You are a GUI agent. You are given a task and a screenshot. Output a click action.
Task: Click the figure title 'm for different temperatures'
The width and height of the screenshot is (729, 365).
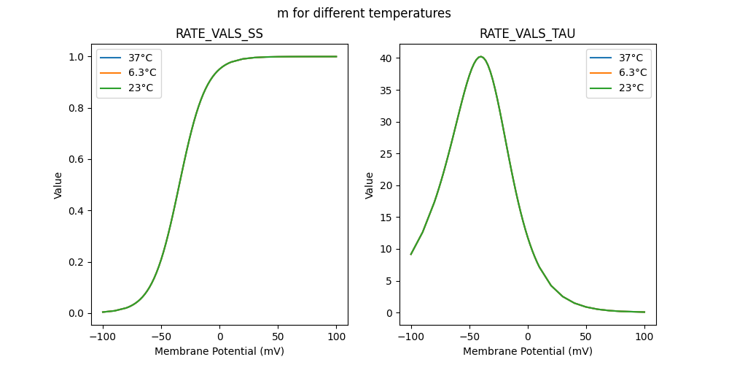click(x=364, y=13)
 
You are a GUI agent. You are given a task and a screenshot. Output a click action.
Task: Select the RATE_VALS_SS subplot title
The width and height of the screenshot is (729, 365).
click(x=219, y=34)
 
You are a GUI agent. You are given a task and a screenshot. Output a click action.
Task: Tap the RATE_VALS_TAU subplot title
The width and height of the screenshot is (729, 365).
click(x=527, y=34)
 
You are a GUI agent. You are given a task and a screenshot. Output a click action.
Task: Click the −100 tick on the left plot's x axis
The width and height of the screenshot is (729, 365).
click(x=103, y=337)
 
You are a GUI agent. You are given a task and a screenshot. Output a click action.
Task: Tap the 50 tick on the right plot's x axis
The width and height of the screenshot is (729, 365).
click(x=586, y=337)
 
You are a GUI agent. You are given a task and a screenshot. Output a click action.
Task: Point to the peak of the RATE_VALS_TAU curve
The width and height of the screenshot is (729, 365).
click(x=480, y=56)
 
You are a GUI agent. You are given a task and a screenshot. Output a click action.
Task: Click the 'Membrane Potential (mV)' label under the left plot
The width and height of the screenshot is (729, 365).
click(x=219, y=351)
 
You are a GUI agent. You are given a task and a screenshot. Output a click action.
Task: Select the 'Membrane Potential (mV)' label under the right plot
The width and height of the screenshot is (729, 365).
click(x=527, y=351)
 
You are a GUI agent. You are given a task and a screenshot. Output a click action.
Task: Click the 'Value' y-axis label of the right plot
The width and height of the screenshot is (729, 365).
click(x=370, y=185)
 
